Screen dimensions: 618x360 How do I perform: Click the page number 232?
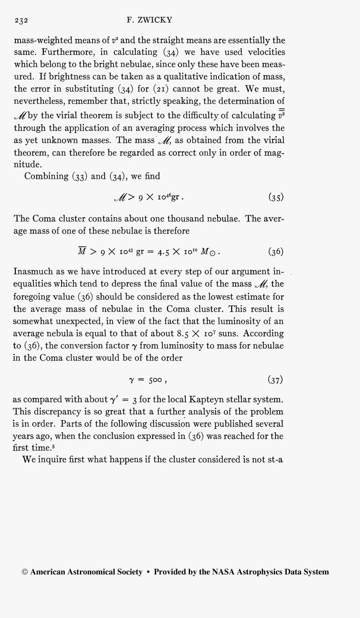pos(21,21)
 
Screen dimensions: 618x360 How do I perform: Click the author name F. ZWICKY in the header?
pos(149,20)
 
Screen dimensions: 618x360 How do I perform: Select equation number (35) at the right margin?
pos(276,197)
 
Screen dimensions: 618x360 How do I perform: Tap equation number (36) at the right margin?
pos(276,251)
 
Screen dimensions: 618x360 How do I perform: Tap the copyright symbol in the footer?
pos(25,572)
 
